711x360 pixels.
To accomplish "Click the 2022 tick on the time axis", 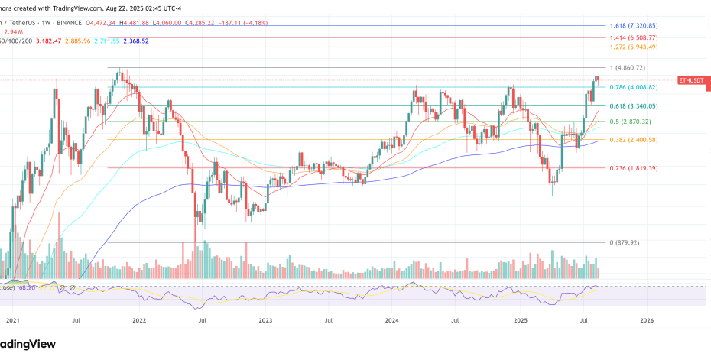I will tap(139, 323).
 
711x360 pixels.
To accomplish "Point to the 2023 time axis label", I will tap(265, 323).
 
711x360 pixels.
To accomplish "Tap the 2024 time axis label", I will tap(392, 323).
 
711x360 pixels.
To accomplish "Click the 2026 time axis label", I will tap(646, 323).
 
